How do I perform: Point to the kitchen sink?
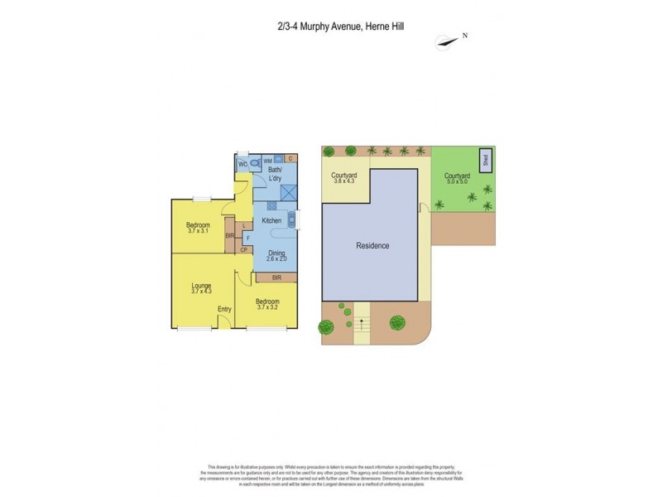[x=290, y=220]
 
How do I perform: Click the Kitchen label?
[x=271, y=220]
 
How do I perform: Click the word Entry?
[x=224, y=309]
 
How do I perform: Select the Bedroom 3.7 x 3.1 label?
[x=198, y=228]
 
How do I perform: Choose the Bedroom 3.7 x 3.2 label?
[x=266, y=304]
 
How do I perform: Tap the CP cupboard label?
[x=244, y=250]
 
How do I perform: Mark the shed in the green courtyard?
[x=485, y=160]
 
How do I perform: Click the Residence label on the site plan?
[x=372, y=246]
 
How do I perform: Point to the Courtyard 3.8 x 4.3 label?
[x=344, y=178]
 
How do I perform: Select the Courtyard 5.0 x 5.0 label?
[x=457, y=178]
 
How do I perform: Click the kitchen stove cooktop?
[x=271, y=205]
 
